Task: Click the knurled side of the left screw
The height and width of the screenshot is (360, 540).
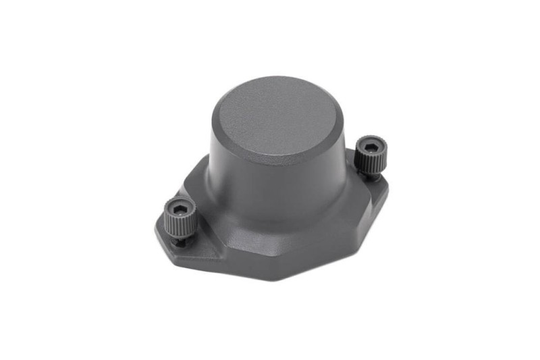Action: [x=179, y=223]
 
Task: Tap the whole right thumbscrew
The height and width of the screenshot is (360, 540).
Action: [x=371, y=155]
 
